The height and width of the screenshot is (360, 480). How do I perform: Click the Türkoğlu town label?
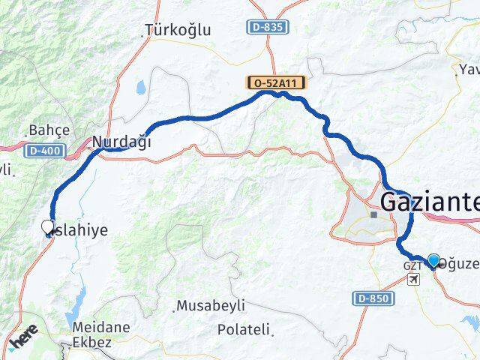178,31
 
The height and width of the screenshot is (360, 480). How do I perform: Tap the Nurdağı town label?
121,141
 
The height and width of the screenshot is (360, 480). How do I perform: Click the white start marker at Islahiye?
48,226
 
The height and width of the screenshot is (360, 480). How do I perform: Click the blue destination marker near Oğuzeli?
433,260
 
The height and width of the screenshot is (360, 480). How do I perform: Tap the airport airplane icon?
412,279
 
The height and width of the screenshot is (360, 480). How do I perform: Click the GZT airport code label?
412,266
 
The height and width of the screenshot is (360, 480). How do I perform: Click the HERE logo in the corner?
22,341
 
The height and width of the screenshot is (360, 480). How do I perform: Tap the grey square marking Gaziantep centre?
374,214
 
